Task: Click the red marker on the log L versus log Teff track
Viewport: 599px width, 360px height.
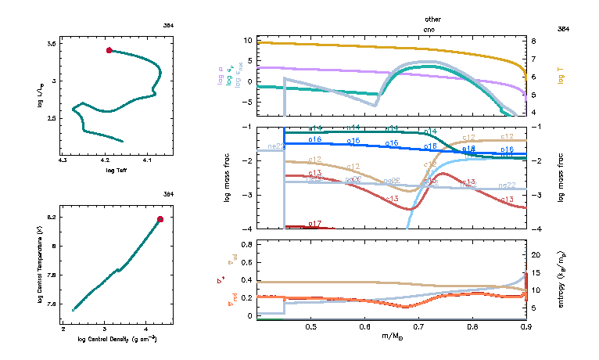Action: click(x=109, y=51)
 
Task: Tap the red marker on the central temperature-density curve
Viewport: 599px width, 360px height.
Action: click(x=160, y=219)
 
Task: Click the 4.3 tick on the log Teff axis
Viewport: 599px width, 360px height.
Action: click(x=63, y=160)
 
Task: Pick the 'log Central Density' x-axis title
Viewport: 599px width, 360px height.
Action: click(x=117, y=340)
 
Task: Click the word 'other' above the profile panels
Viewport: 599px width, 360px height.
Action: click(x=432, y=18)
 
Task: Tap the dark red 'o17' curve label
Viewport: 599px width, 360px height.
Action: click(x=315, y=224)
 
